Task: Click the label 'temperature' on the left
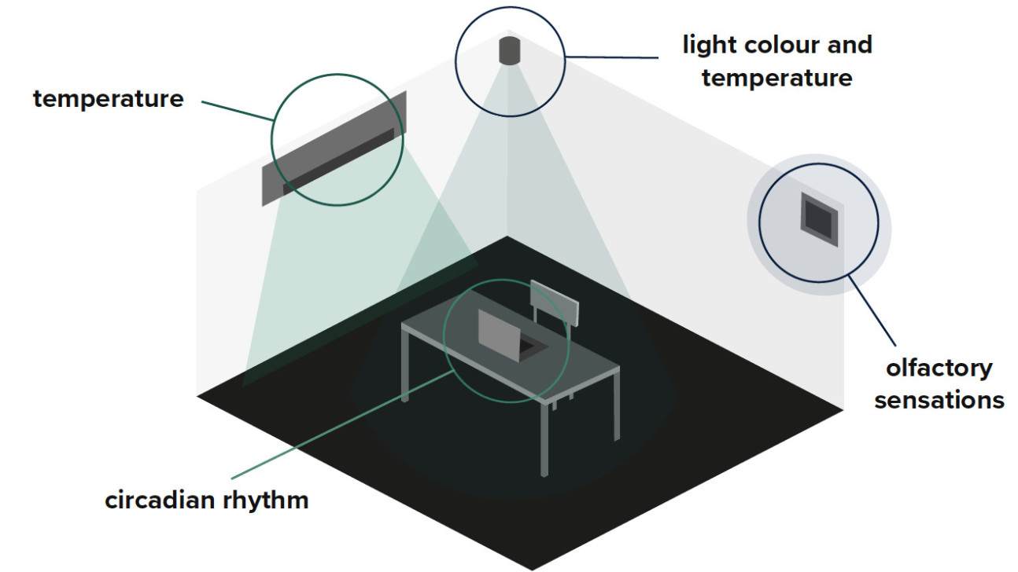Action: [108, 99]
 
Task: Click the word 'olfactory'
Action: [939, 368]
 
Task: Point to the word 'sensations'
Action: [939, 400]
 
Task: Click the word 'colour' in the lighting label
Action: [779, 45]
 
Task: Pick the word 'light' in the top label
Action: [709, 45]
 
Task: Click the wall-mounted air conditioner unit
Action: [334, 149]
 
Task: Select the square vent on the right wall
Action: [819, 217]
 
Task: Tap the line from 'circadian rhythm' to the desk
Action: [338, 425]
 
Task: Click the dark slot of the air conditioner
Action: [338, 162]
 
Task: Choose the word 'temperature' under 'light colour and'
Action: [776, 78]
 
